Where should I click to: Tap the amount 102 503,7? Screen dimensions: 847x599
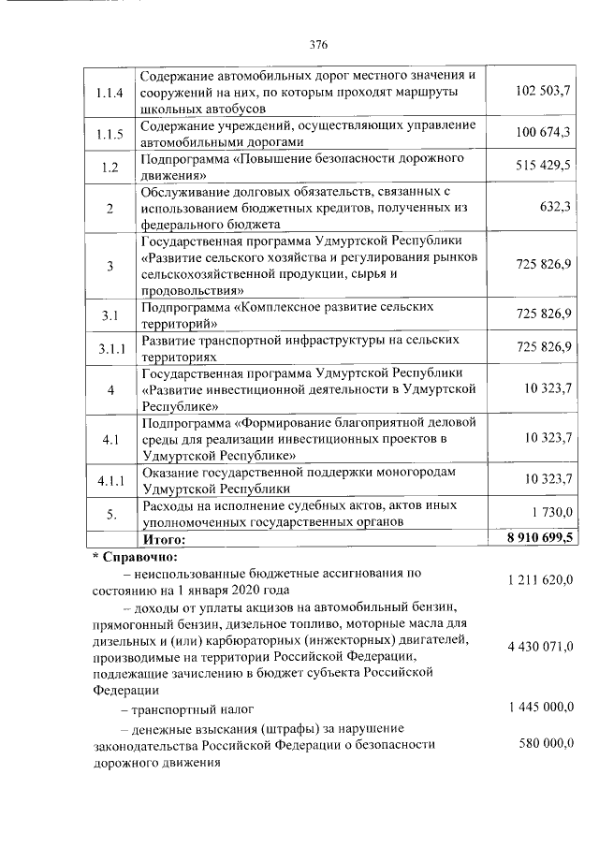tap(543, 90)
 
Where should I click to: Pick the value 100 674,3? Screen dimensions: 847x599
tap(543, 132)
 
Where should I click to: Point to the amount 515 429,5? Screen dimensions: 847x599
tap(543, 166)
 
